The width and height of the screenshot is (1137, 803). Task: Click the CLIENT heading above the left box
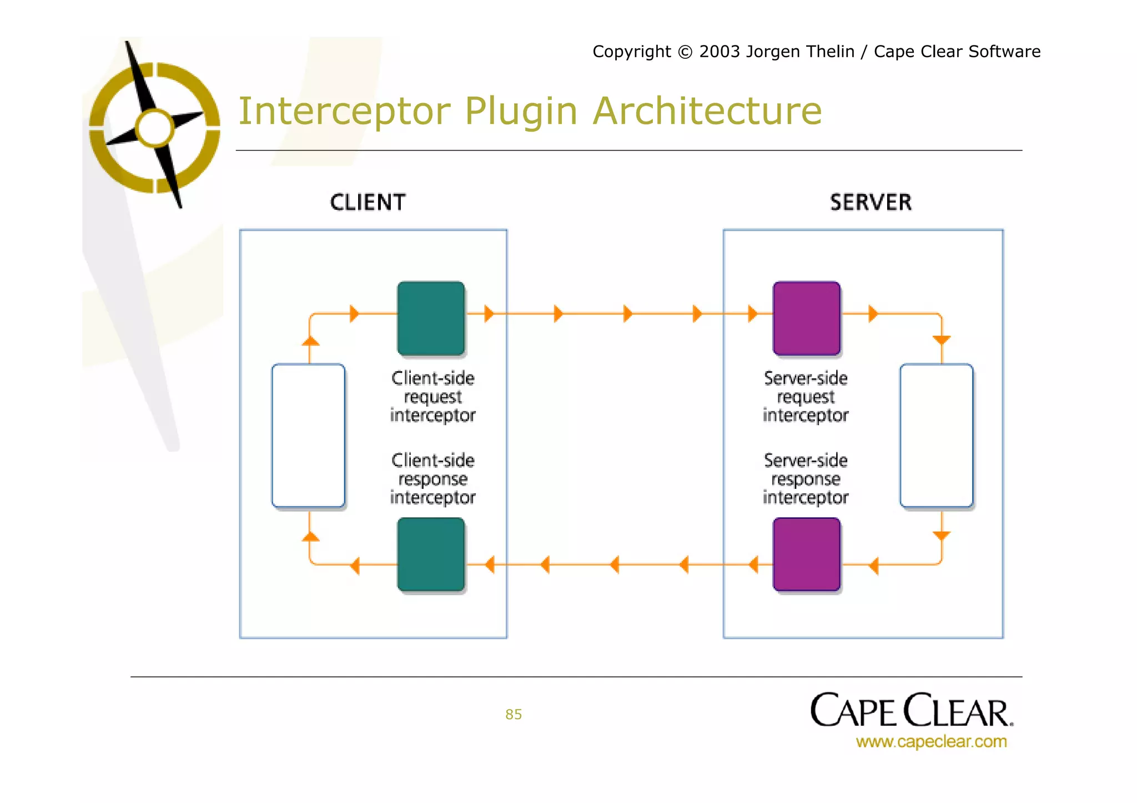point(368,203)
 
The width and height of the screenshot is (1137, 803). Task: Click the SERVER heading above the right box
point(871,203)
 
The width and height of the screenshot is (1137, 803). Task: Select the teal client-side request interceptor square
point(431,318)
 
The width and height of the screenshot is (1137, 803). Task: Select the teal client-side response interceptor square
point(431,554)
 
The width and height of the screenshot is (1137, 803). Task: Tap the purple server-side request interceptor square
point(806,318)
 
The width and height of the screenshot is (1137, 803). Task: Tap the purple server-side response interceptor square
point(806,554)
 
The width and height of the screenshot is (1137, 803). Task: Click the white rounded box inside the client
point(308,436)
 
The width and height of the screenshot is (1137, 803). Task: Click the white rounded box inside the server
point(936,436)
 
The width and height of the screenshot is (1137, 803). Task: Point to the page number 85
point(514,714)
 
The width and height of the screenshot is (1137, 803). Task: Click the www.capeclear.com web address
point(931,741)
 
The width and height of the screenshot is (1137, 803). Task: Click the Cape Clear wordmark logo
point(911,711)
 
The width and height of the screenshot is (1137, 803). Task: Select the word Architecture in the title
point(707,111)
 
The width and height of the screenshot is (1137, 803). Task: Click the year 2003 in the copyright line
point(720,52)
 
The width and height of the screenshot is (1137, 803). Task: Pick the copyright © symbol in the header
point(686,52)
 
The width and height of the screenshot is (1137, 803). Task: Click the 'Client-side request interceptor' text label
point(432,397)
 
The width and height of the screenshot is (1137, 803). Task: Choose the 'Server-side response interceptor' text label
point(806,479)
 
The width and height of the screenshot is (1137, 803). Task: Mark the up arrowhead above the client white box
point(310,341)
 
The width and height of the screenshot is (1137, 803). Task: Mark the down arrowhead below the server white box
point(942,536)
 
